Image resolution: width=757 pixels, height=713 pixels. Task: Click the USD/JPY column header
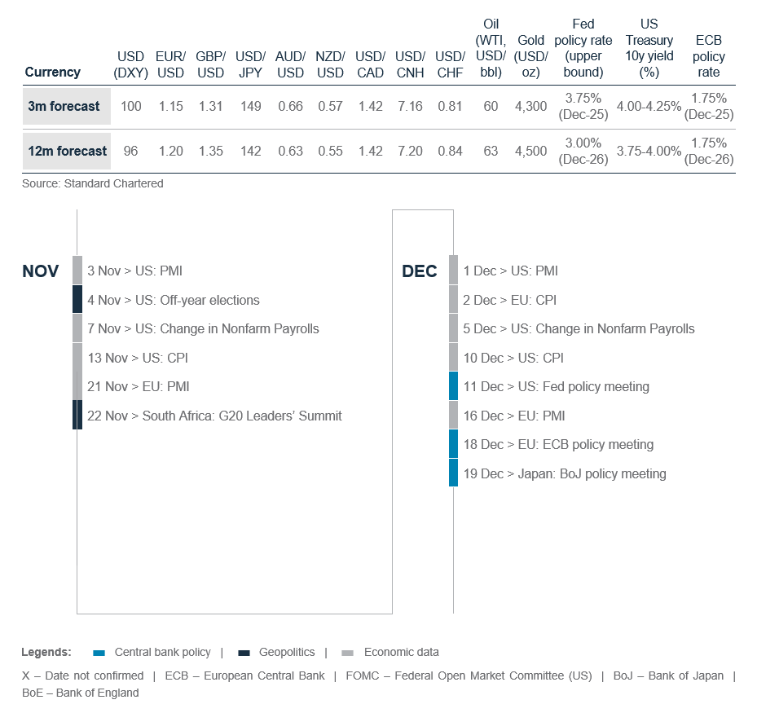click(250, 64)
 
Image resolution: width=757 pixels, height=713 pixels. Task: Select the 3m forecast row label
click(64, 106)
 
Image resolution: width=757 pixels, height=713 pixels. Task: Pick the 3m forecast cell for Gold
click(531, 106)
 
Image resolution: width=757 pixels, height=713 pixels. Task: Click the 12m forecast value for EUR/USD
click(171, 151)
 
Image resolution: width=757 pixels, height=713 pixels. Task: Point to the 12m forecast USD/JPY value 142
click(250, 151)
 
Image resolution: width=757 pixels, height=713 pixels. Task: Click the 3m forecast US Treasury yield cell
click(649, 106)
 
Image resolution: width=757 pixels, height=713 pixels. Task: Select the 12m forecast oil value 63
click(491, 151)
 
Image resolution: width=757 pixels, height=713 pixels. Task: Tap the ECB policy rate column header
click(708, 56)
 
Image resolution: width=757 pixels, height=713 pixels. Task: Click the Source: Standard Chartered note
click(93, 184)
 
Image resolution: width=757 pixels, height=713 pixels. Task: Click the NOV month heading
click(41, 271)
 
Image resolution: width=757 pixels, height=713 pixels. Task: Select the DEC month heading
click(420, 271)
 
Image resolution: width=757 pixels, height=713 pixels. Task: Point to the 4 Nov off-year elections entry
click(173, 300)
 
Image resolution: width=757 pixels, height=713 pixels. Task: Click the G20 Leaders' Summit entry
click(214, 416)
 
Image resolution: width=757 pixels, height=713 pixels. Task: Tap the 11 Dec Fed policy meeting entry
click(556, 386)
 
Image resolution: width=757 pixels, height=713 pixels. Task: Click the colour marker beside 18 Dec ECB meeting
click(453, 444)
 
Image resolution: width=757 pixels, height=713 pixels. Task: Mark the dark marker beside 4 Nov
click(77, 300)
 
